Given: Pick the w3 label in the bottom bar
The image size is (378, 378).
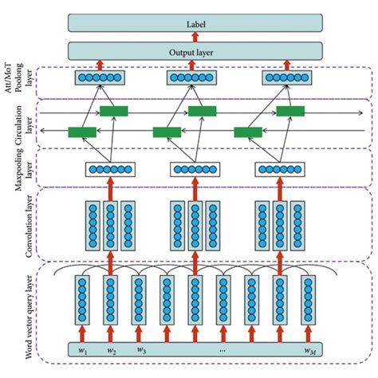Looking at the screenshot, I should pos(141,348).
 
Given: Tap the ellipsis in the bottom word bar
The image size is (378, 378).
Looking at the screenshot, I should pos(222,348).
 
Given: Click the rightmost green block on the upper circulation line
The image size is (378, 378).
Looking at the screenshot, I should pos(290,111).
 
